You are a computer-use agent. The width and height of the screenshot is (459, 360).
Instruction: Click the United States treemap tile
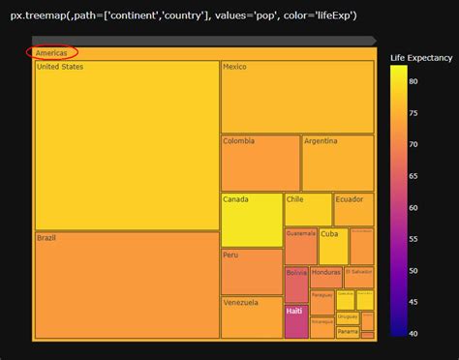127,145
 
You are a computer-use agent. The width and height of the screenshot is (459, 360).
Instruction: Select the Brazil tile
127,285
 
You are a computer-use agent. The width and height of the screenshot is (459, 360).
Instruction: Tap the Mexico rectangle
297,97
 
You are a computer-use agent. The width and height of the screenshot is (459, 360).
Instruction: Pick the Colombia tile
260,163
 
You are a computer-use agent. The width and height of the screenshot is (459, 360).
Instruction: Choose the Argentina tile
337,163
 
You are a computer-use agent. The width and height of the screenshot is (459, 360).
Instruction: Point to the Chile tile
308,209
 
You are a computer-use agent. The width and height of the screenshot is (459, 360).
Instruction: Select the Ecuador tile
353,209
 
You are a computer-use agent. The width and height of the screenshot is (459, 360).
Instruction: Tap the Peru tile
251,272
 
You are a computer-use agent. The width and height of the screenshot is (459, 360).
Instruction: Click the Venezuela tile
251,317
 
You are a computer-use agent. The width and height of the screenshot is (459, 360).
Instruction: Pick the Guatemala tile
300,246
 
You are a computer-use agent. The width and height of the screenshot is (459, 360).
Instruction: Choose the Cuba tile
332,246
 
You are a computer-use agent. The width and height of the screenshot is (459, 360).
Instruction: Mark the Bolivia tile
296,285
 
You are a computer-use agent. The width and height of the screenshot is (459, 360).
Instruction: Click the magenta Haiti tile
295,321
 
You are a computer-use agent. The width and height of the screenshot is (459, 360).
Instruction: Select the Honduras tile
326,277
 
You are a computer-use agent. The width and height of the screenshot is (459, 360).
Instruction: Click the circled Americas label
52,52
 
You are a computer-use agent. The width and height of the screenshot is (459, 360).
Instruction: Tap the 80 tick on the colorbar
414,81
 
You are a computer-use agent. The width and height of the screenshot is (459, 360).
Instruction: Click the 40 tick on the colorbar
414,332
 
